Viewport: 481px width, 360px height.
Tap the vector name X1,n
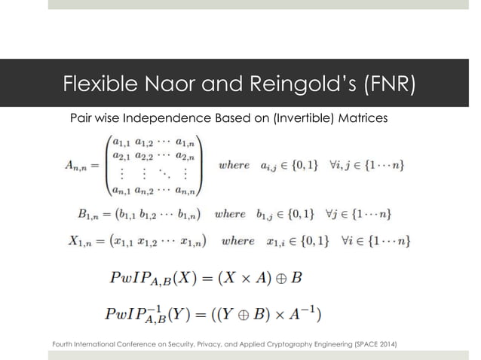click(91, 242)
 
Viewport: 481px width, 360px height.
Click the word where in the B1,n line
click(230, 214)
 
